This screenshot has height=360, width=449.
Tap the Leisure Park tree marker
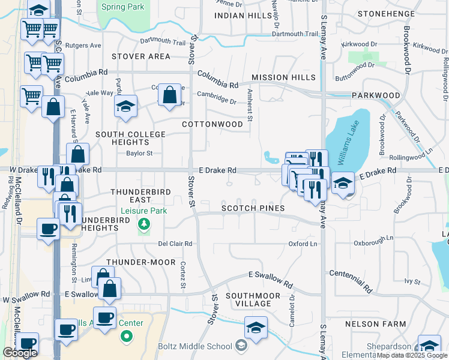point(144,224)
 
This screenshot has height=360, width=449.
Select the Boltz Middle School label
point(194,346)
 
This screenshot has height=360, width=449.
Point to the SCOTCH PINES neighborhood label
point(252,208)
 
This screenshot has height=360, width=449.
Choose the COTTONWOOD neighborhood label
point(214,124)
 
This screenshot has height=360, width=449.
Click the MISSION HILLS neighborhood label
point(283,78)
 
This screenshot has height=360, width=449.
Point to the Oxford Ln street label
point(303,244)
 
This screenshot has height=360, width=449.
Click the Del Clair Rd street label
point(175,244)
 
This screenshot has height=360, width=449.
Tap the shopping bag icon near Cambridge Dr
point(170,94)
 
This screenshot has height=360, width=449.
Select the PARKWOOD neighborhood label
point(376,95)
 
